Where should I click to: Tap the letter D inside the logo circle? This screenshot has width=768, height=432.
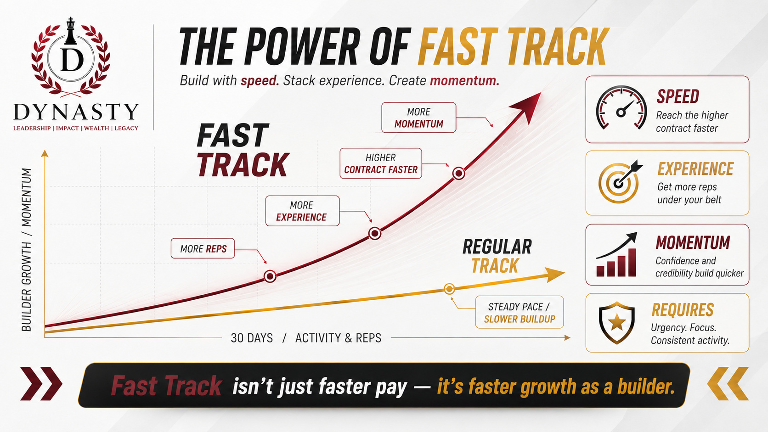(x=72, y=60)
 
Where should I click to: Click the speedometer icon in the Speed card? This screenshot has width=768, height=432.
(x=621, y=107)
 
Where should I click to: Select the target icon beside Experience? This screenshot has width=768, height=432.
(x=619, y=182)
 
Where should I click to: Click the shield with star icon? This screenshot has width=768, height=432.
(x=616, y=322)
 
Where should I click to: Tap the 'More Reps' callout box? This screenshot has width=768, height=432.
(x=203, y=248)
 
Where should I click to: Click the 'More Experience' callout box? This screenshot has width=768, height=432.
(x=302, y=211)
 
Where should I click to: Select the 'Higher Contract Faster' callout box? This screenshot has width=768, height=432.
(x=381, y=163)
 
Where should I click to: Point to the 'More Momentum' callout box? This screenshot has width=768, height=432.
(x=418, y=118)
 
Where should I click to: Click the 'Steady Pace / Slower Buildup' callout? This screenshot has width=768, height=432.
(x=520, y=312)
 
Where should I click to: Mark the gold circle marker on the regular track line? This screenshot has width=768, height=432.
(x=449, y=289)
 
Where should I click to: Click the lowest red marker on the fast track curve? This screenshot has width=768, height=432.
(x=270, y=276)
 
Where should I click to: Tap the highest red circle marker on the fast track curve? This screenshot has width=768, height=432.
(x=459, y=174)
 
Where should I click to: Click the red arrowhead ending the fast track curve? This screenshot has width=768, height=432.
(x=528, y=106)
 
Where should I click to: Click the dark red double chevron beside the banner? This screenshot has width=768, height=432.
(x=41, y=384)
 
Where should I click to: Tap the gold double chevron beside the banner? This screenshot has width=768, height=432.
(x=728, y=384)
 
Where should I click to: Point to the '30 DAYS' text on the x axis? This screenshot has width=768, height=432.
(x=252, y=338)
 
